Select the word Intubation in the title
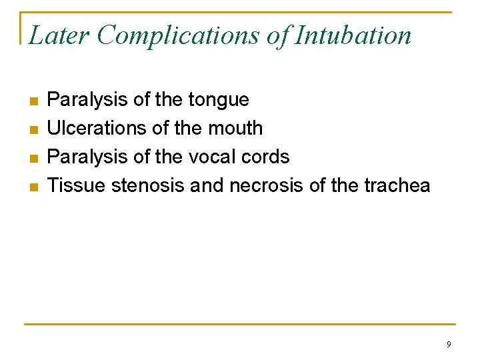point(353,35)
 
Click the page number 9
point(449,345)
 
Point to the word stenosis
point(148,185)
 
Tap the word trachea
point(397,185)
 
